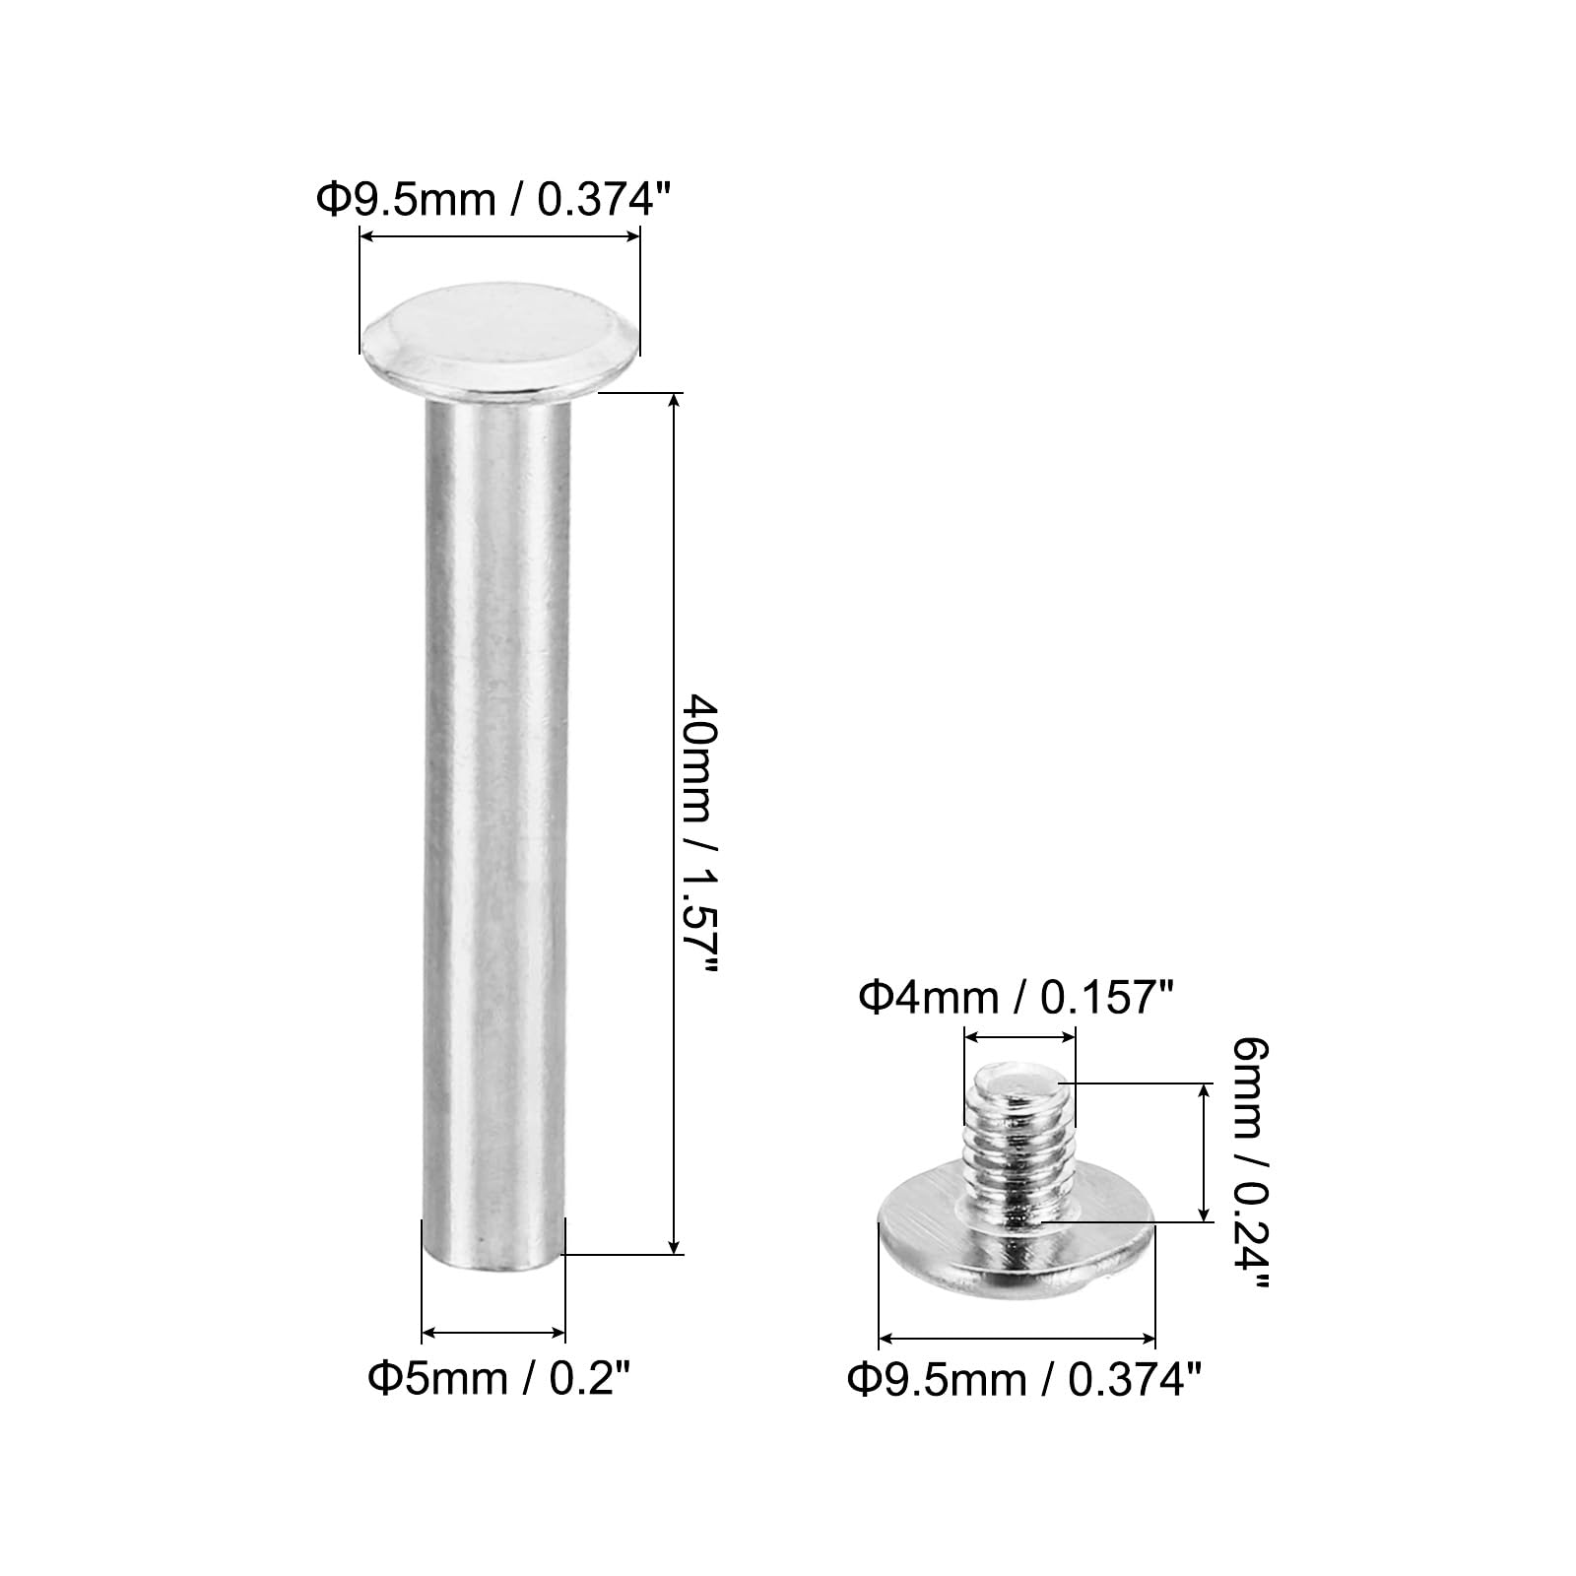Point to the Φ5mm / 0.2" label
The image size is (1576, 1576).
point(498,1378)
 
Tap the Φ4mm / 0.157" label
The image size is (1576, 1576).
point(1017,999)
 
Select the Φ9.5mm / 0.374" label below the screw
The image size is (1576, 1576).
point(1024,1380)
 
